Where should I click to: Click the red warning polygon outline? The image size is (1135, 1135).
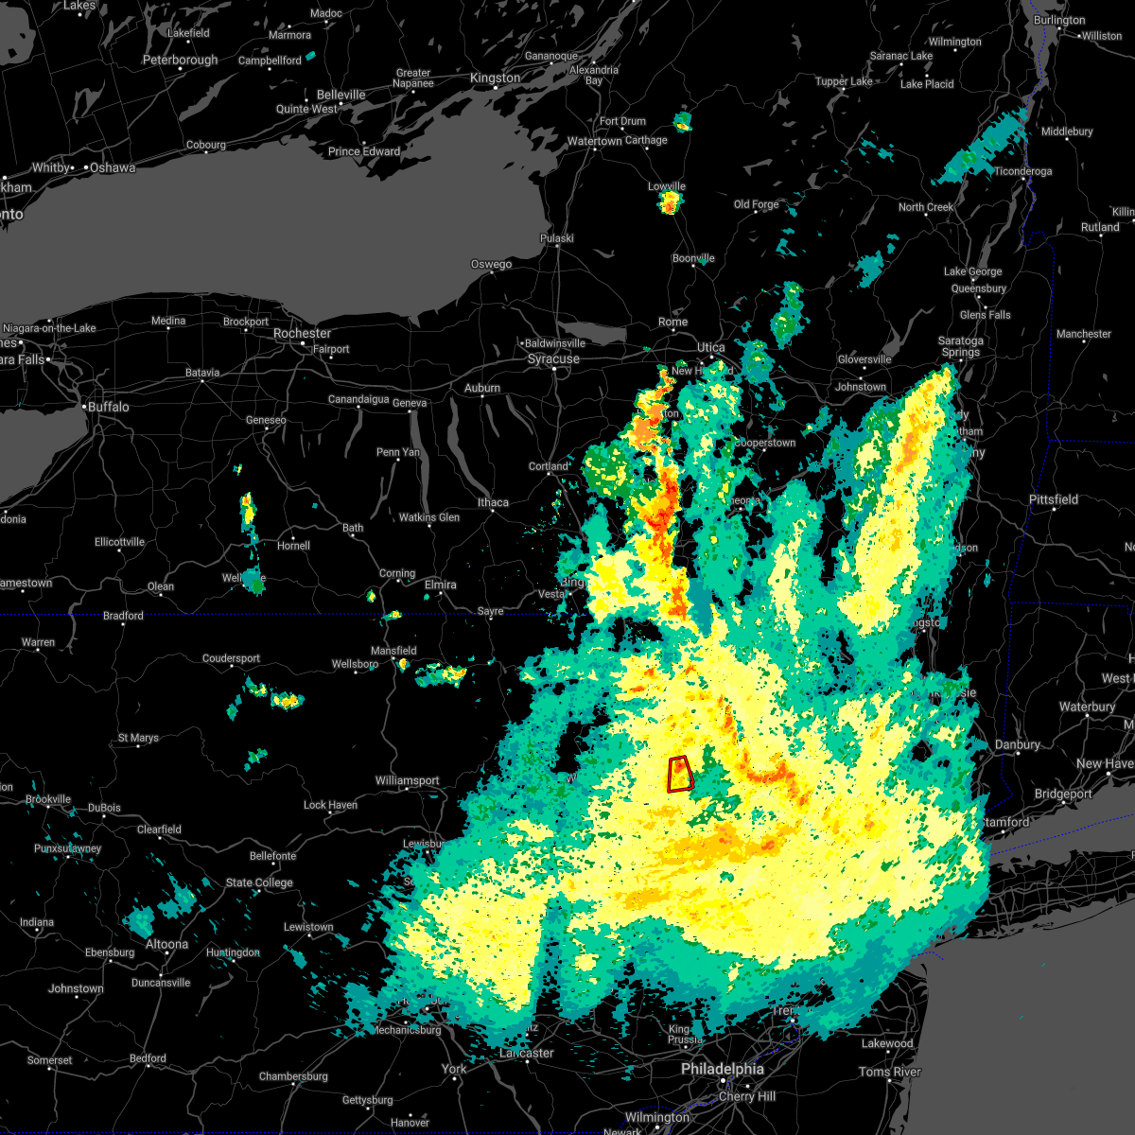pyautogui.click(x=680, y=774)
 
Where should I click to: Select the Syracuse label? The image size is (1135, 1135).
pyautogui.click(x=553, y=359)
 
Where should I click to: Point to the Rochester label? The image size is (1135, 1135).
pyautogui.click(x=302, y=334)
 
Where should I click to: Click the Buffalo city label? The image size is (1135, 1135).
pyautogui.click(x=108, y=407)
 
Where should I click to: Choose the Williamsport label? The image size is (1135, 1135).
pyautogui.click(x=407, y=781)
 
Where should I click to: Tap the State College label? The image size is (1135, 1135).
pyautogui.click(x=259, y=882)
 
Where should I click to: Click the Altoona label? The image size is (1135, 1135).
pyautogui.click(x=166, y=944)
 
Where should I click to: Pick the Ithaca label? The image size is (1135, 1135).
pyautogui.click(x=493, y=502)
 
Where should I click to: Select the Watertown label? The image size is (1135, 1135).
pyautogui.click(x=594, y=142)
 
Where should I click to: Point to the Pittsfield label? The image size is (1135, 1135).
pyautogui.click(x=1054, y=499)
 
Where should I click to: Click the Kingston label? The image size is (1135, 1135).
pyautogui.click(x=496, y=79)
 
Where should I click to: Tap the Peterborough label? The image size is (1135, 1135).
pyautogui.click(x=180, y=61)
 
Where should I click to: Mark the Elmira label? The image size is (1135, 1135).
pyautogui.click(x=440, y=585)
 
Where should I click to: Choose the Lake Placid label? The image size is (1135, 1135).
pyautogui.click(x=927, y=84)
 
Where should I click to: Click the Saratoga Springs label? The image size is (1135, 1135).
pyautogui.click(x=960, y=346)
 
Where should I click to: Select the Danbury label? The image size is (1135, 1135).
pyautogui.click(x=1017, y=745)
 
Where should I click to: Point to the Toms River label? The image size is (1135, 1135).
pyautogui.click(x=889, y=1072)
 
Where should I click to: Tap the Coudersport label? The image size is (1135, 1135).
pyautogui.click(x=231, y=658)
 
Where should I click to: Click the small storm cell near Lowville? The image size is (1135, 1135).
pyautogui.click(x=671, y=201)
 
